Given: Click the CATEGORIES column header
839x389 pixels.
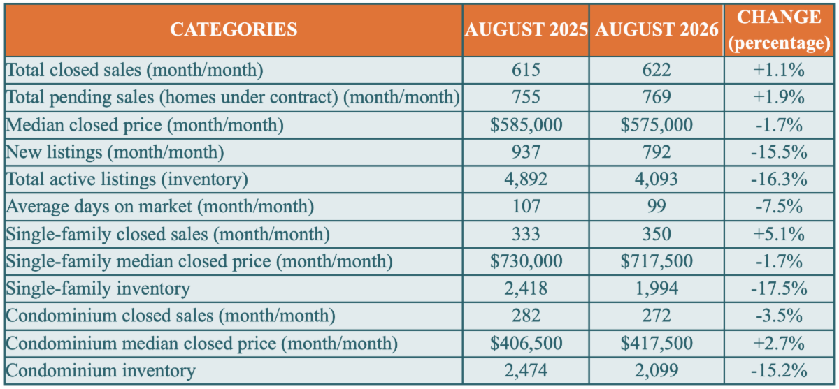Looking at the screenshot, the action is (234, 29).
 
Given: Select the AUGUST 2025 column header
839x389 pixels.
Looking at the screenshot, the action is (526, 29).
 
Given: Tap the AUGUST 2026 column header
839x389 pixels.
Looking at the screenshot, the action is (657, 29).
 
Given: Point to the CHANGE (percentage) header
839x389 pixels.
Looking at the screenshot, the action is (779, 30).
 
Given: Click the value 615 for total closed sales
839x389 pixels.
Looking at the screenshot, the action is (526, 70).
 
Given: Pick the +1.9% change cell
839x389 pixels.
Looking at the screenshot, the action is (779, 97).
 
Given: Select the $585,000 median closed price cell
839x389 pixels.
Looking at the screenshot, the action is (526, 125).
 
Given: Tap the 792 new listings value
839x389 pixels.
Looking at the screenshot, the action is (657, 152).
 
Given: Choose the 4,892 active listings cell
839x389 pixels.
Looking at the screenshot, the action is (526, 179).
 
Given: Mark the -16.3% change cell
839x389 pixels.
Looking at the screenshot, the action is (779, 179).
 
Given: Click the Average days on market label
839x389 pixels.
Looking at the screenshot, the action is (160, 207).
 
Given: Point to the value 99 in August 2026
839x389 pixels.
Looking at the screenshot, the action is (657, 207).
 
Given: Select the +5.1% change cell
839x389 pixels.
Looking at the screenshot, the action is (779, 234).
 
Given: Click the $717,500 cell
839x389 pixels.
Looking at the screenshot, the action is (657, 261).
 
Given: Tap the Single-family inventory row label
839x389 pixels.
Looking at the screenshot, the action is (98, 289).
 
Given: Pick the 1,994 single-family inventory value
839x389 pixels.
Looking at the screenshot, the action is (657, 288).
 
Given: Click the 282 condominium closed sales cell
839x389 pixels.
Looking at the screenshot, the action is (526, 316).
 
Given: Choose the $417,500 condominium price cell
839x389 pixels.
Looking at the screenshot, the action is (657, 344).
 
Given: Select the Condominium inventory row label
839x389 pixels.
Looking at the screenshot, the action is (101, 371).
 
